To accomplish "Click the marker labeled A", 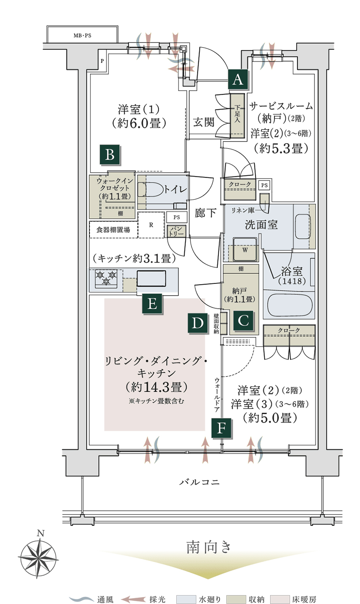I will tap(238, 79).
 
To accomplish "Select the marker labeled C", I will tap(243, 321).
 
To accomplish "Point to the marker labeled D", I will tap(198, 323).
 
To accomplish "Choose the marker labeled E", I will tap(152, 303).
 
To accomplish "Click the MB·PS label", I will tap(82, 36).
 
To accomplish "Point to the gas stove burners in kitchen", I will tap(106, 278).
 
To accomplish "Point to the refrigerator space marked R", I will tap(150, 224).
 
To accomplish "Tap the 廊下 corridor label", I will tap(205, 213).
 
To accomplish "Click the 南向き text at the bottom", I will tap(209, 548).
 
